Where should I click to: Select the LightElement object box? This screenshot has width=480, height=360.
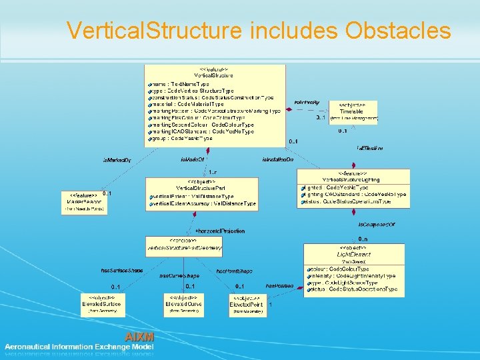coord(353,269)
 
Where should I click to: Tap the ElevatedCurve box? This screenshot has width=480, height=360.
coord(184,303)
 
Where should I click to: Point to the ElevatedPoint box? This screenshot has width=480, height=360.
coord(247,304)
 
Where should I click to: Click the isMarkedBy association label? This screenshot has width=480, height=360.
coord(117,161)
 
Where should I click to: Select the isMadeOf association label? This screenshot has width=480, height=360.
coord(192,160)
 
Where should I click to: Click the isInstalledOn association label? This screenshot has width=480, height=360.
coord(278,160)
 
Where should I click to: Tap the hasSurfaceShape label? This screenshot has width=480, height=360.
coord(121,271)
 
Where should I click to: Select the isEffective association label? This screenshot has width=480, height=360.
coord(369,147)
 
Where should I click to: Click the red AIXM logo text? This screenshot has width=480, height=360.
coord(140,337)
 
